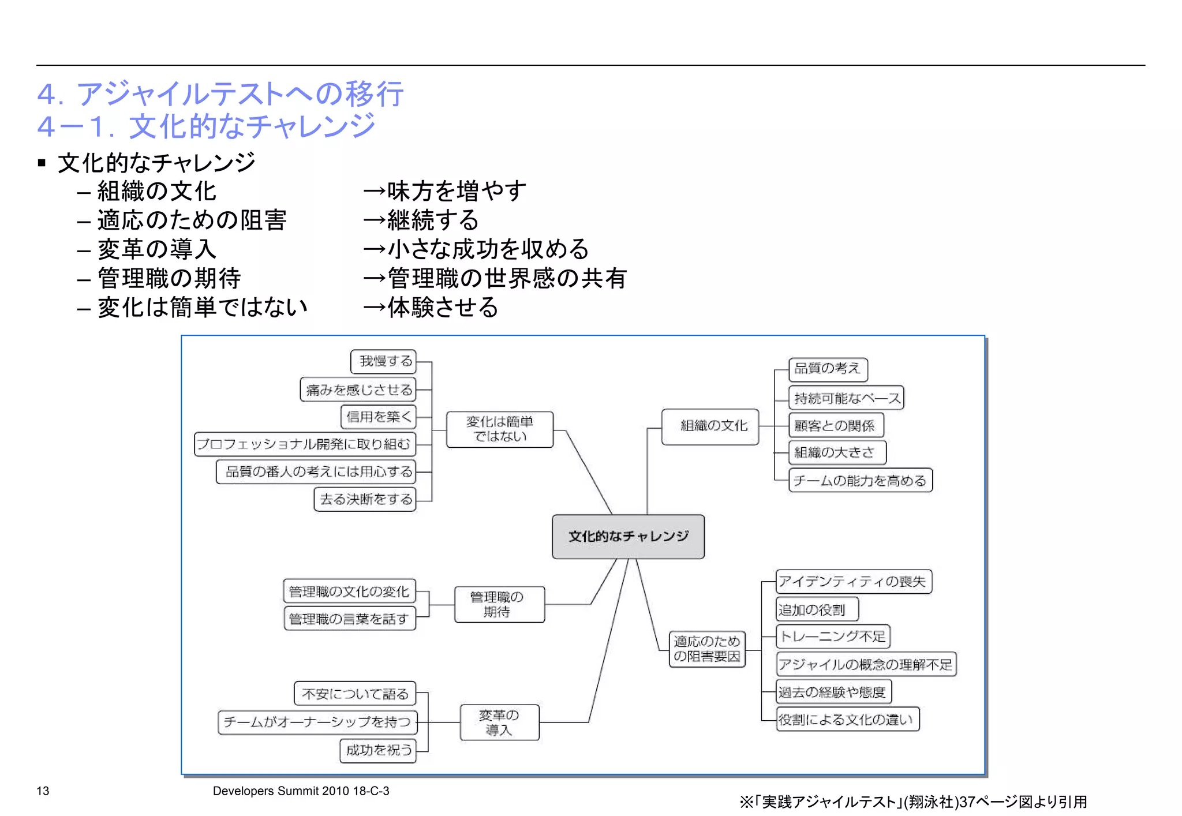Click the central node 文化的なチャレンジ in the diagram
[x=628, y=536]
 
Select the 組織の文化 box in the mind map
[x=710, y=426]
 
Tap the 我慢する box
[x=384, y=361]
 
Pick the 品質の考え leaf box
[x=827, y=369]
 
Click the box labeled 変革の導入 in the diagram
[x=499, y=723]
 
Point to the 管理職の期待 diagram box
[x=499, y=604]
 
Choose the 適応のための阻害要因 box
[x=706, y=649]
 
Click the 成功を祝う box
[x=378, y=750]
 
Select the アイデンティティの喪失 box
[x=853, y=582]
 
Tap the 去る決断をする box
[x=365, y=499]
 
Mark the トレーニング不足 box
[x=832, y=637]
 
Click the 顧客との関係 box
[x=835, y=426]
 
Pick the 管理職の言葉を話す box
[x=349, y=619]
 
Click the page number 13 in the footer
[x=43, y=791]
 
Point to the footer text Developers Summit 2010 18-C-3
[x=301, y=791]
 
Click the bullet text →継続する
[x=421, y=220]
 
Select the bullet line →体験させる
[x=431, y=307]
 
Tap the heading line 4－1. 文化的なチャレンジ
[x=206, y=126]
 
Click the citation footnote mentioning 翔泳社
[x=913, y=802]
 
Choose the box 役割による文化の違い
[x=847, y=720]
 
